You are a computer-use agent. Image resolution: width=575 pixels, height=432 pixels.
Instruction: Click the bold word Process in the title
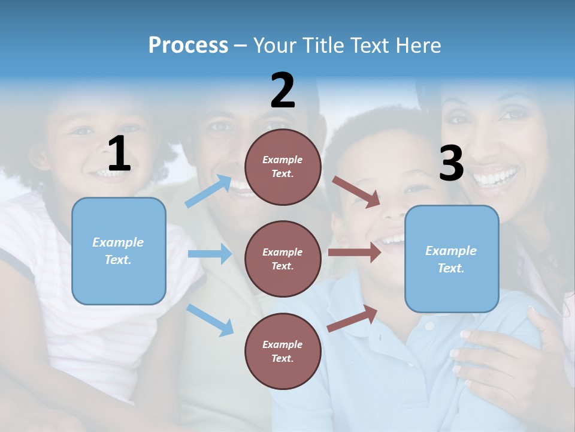coord(188,45)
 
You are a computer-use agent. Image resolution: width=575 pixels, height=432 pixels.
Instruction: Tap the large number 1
coord(119,154)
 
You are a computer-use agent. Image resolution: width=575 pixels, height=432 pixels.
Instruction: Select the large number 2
coord(283,91)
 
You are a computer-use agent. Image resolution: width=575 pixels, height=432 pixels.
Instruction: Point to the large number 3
coord(451,164)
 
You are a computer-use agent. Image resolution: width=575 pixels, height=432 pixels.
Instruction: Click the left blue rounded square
coord(119,251)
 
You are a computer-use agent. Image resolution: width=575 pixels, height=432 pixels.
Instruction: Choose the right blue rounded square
coord(452,259)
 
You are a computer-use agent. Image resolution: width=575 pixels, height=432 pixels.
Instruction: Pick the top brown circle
coord(283,167)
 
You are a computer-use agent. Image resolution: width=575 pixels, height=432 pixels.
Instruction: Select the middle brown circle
coord(283,259)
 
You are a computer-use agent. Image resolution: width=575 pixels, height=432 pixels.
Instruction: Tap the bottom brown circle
coord(283,351)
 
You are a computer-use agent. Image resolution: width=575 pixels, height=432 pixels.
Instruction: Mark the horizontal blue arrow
coord(210,254)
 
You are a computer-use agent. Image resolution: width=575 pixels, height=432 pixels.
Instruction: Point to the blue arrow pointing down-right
coord(210,319)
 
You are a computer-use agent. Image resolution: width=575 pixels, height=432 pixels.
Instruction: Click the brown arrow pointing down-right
coord(356,192)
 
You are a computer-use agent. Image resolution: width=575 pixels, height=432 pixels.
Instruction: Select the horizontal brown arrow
coord(354,253)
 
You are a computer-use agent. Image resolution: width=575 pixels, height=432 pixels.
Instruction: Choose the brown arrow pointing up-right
coord(352,318)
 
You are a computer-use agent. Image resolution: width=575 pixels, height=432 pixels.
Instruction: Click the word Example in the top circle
coord(283,160)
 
